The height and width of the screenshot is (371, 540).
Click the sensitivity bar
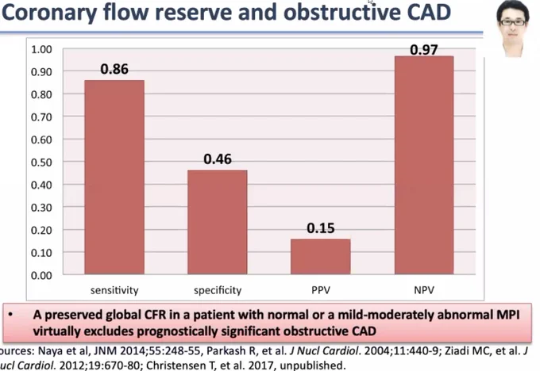pos(114,177)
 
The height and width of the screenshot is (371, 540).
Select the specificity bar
pos(218,222)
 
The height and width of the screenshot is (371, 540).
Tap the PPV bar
pos(321,257)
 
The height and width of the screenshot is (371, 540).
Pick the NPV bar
pos(424,165)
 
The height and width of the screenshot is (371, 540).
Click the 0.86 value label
pos(114,69)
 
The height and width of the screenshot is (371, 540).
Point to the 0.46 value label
pos(218,159)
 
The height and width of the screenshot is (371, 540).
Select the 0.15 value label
pos(321,228)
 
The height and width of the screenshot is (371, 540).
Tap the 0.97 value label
pos(424,50)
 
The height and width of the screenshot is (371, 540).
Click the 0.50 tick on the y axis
pos(41,163)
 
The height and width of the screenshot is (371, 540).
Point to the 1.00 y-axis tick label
pos(41,49)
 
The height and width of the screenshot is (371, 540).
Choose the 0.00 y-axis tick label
pos(41,275)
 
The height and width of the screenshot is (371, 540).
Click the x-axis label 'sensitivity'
pos(114,291)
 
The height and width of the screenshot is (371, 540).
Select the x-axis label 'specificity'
pos(218,291)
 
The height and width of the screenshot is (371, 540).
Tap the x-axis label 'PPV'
pos(321,290)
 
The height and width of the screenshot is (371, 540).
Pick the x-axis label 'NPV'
pos(424,290)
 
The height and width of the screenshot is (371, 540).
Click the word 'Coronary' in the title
pos(49,13)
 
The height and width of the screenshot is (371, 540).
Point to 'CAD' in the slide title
pos(429,12)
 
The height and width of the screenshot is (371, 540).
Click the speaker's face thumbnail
pos(512,29)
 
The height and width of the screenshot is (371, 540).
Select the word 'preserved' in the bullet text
pos(73,315)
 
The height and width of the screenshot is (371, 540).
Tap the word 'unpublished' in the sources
pos(311,365)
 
